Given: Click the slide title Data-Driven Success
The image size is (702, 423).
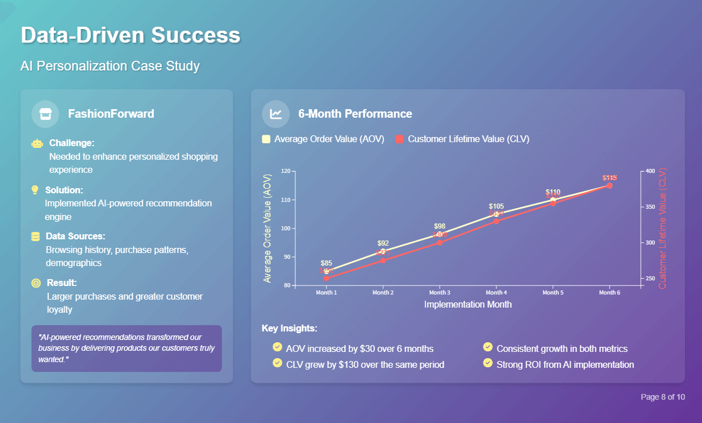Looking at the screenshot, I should pos(131,35).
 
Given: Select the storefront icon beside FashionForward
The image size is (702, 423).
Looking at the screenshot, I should pos(45,114).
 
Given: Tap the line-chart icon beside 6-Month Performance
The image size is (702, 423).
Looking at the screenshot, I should pos(276,114).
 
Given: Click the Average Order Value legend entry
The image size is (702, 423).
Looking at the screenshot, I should pos(323,139).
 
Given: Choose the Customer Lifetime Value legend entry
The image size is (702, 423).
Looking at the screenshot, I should pos(462,139).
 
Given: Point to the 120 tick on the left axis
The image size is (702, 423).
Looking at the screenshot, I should pos(285,171).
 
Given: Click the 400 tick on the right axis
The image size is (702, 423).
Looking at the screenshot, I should pos(650,171).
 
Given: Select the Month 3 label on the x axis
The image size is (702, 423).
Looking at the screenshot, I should pos(440,293).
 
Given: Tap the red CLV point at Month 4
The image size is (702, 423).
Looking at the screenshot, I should pos(496,221).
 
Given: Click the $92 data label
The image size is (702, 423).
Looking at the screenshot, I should pos(383,243).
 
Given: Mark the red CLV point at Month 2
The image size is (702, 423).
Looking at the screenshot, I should pos(383,260).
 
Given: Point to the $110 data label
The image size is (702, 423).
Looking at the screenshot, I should pos(553,192).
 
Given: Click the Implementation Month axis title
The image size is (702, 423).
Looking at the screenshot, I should pos(467,305).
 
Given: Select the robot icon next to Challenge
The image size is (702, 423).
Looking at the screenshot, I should pos(37,143).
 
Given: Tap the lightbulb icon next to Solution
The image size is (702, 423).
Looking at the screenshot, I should pos(35,190).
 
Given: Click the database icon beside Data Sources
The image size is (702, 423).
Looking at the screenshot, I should pos(36,237).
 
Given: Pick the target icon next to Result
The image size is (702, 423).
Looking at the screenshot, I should pos(36,283).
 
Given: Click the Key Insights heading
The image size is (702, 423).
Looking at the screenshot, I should pos(289,329).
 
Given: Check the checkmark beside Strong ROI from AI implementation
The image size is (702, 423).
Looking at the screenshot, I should pos(487,363).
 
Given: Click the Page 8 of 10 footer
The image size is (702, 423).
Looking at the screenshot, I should pos(663,397).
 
